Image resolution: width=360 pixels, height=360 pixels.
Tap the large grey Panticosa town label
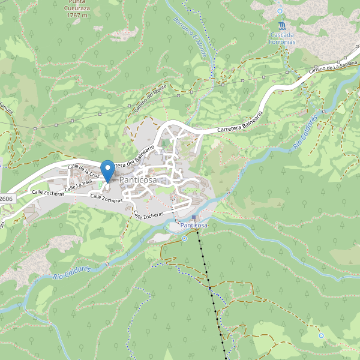pyautogui.click(x=138, y=180)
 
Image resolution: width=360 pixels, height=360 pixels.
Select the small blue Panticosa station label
pyautogui.click(x=194, y=225)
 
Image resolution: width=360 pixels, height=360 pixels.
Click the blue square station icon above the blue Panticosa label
pyautogui.click(x=194, y=217)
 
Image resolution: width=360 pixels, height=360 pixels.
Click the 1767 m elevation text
pyautogui.click(x=77, y=15)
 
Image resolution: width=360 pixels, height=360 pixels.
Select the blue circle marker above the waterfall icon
pyautogui.click(x=280, y=11)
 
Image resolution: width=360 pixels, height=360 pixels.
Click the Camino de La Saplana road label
pyautogui.click(x=333, y=68)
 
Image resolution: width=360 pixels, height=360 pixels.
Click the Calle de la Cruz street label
pyautogui.click(x=83, y=171)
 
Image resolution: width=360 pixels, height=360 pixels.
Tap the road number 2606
pyautogui.click(x=6, y=199)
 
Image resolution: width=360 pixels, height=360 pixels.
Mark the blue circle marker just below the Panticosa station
pyautogui.click(x=185, y=238)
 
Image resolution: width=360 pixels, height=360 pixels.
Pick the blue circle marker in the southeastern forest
pyautogui.click(x=321, y=335)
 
